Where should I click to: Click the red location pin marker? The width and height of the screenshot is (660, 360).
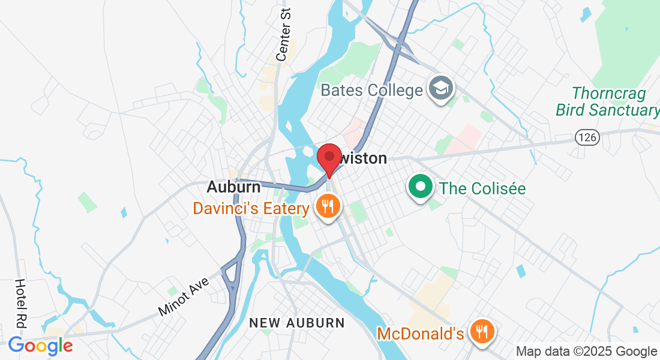(329, 157)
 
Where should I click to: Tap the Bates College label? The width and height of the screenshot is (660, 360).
(371, 91)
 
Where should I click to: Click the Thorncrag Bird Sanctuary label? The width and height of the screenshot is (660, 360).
(607, 101)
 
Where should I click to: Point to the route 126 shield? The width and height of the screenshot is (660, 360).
(587, 137)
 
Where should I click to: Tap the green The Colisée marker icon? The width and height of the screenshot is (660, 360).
(421, 186)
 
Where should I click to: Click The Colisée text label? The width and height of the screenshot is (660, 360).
(482, 188)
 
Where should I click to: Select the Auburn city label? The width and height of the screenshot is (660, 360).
(233, 187)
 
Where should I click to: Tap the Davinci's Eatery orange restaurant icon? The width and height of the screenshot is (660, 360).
(327, 208)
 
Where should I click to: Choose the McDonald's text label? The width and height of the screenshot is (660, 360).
(420, 333)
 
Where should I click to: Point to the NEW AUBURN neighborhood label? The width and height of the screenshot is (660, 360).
(297, 323)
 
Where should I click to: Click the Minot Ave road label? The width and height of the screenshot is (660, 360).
(184, 297)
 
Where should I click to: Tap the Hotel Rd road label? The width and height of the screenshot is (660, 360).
(20, 303)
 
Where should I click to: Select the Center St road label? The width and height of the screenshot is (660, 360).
(283, 34)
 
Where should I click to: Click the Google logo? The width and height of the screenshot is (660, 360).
(40, 346)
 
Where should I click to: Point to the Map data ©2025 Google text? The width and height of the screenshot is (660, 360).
(586, 352)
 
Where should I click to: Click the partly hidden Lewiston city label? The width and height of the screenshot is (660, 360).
(365, 159)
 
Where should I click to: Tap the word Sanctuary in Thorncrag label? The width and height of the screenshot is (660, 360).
(624, 110)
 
